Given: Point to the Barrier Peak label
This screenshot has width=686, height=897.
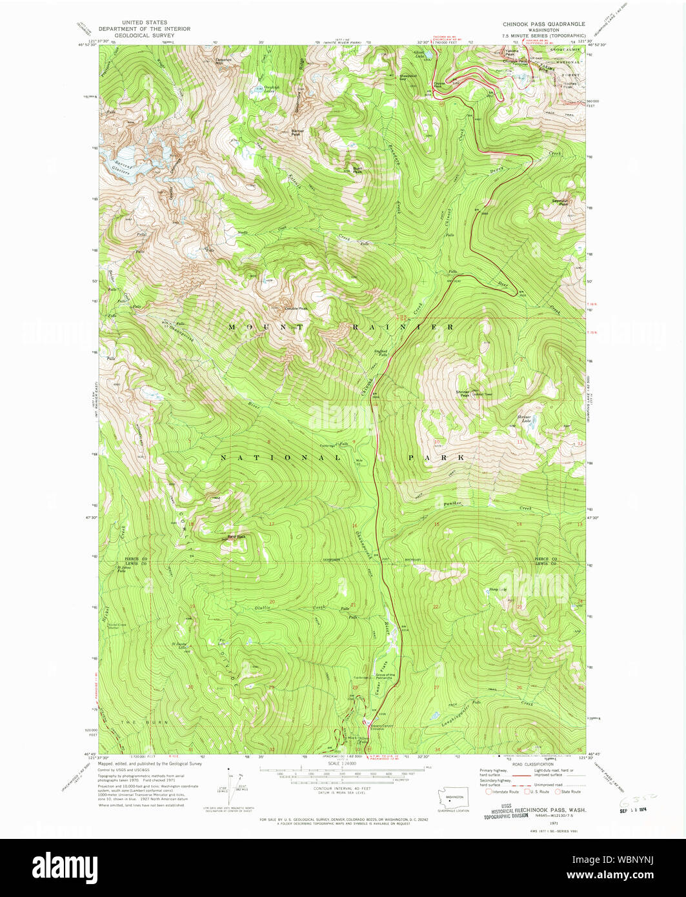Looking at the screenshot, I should click(x=298, y=132).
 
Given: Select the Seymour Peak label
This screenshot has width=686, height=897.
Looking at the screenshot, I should click(x=560, y=202).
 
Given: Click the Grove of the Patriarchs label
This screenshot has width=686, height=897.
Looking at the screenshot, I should click(x=385, y=676).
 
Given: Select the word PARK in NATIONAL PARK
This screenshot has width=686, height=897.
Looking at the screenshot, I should click(x=436, y=457).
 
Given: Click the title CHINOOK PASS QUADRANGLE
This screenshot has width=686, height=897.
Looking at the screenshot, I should click(x=543, y=24).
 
